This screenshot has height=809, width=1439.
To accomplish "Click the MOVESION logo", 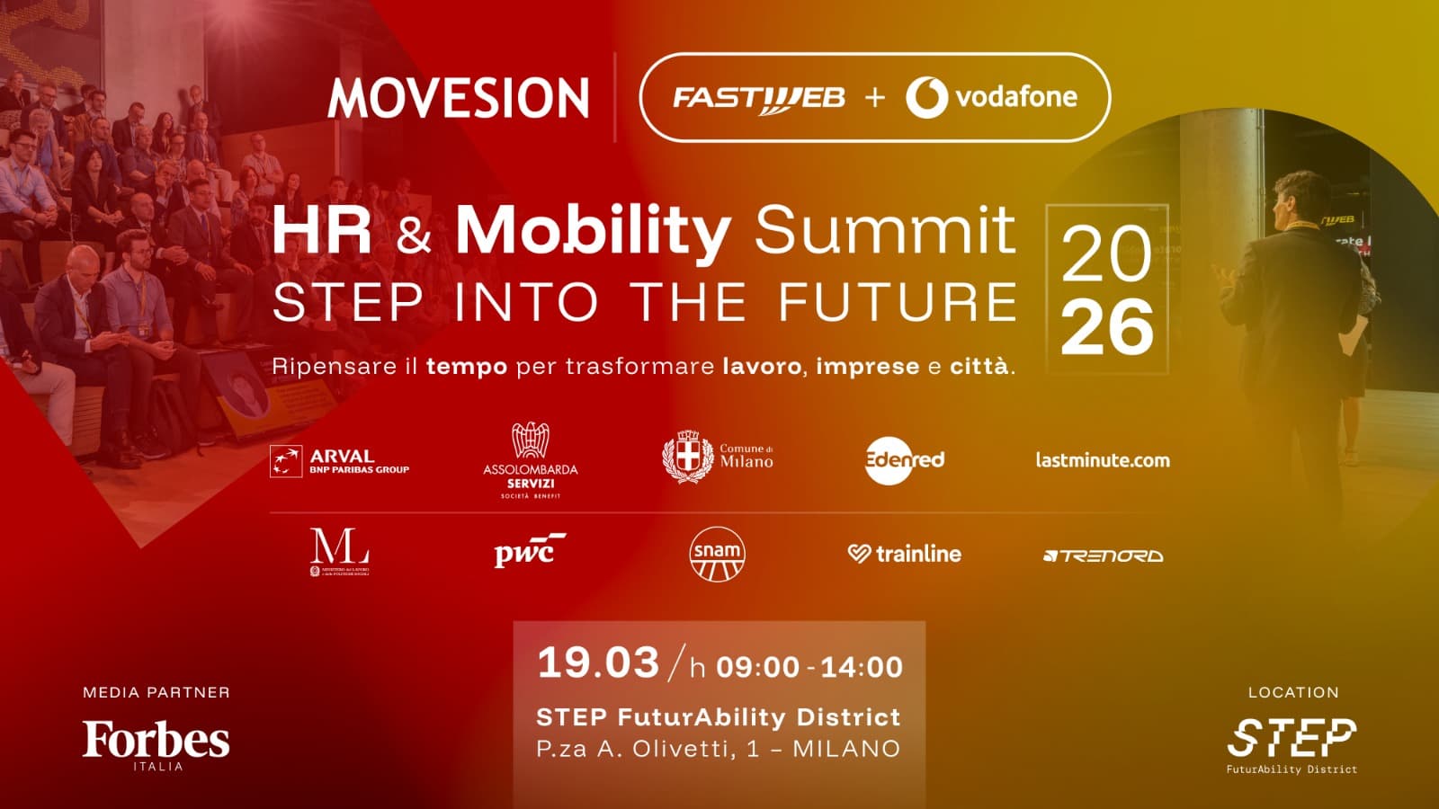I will coord(459,98).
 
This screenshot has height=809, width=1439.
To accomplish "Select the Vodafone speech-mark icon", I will coord(926,97).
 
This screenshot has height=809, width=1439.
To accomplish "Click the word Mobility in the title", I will coord(593,231).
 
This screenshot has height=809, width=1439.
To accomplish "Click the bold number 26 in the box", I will coord(1107,328).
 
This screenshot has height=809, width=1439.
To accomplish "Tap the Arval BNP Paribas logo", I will coord(340,461).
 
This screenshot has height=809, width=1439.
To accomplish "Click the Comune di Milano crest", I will coord(688,457).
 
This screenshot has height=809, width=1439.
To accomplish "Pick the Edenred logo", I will coord(905,460).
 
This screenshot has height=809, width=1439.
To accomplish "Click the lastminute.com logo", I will coord(1103,460).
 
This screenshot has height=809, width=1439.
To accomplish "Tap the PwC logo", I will coord(529,551).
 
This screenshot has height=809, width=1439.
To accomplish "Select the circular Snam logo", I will coord(717,554).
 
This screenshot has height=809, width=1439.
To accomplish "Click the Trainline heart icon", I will coord(858,554).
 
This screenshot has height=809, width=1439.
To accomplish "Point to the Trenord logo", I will coord(1103,556).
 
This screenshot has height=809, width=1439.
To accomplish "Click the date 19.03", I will coord(598,663).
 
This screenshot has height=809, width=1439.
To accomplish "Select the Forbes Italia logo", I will coord(156,742).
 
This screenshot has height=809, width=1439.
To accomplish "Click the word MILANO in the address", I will coord(846,749).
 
